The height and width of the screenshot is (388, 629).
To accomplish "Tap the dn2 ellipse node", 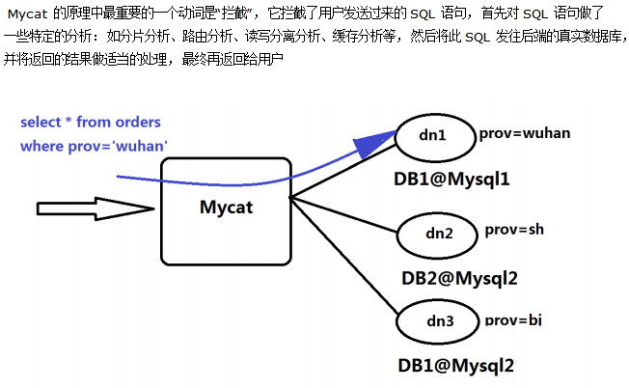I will tap(439, 233).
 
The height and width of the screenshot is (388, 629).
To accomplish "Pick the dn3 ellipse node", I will tap(439, 319).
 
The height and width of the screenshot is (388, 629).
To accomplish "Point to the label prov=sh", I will tap(514, 230).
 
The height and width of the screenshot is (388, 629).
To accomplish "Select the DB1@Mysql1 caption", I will tap(451, 179).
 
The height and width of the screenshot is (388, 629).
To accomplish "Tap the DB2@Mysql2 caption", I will tap(459, 278).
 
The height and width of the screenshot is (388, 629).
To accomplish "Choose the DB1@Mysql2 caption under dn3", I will tap(455, 366).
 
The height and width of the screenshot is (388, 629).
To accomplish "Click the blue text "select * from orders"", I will tap(91, 123).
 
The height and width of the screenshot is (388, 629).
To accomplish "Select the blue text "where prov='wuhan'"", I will tap(95, 146).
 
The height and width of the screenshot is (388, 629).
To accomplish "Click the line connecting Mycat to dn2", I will tap(343, 214).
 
